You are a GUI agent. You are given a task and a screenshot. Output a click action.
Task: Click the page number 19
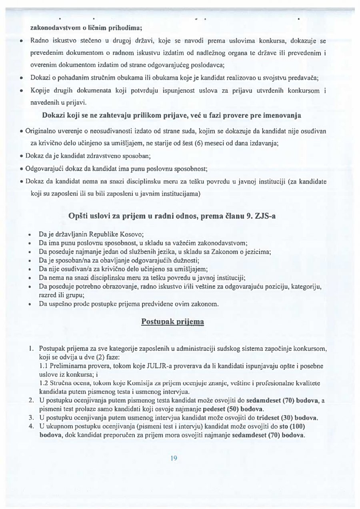[x=173, y=458]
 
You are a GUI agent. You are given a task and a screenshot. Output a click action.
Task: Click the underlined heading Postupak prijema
[x=173, y=321]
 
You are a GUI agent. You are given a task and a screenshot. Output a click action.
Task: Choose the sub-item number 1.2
[x=44, y=383]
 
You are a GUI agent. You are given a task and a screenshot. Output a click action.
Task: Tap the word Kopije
[x=39, y=91]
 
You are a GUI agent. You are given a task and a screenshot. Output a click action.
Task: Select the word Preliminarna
[x=67, y=366]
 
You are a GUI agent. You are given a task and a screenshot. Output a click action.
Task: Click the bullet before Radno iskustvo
[x=21, y=41]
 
